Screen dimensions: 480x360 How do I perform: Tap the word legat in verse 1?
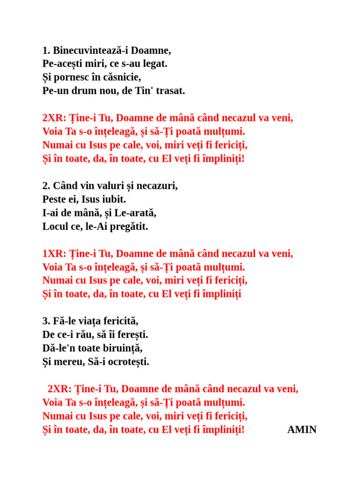(155, 64)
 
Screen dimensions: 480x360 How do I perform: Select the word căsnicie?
(120, 77)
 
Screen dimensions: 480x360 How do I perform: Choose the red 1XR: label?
(54, 254)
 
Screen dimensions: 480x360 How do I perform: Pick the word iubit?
(114, 199)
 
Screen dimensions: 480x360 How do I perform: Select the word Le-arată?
(135, 213)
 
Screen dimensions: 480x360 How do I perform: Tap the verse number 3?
(46, 322)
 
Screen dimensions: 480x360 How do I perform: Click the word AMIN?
(302, 430)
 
